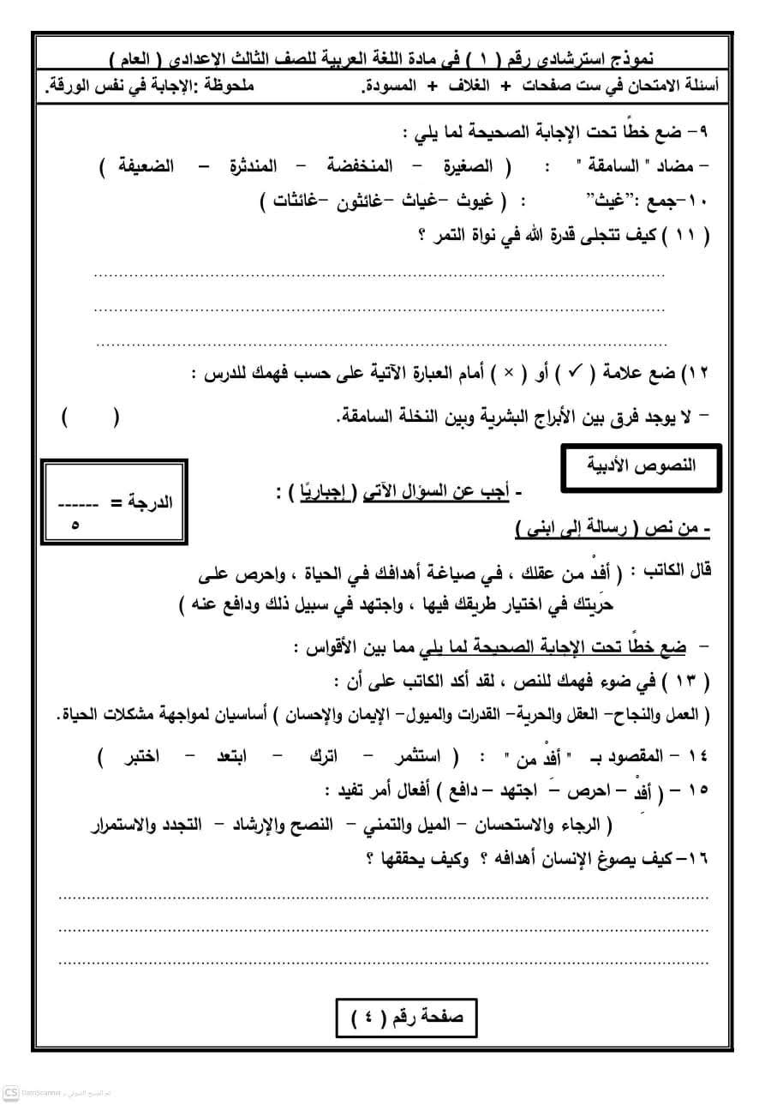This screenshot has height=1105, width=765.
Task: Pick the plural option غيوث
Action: (x=475, y=202)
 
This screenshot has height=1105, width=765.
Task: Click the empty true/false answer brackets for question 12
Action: (x=91, y=417)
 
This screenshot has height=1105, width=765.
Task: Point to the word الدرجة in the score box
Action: (x=146, y=501)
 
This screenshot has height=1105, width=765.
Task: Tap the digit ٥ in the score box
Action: (x=75, y=525)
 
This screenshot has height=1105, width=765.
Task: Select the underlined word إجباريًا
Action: (x=326, y=492)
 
